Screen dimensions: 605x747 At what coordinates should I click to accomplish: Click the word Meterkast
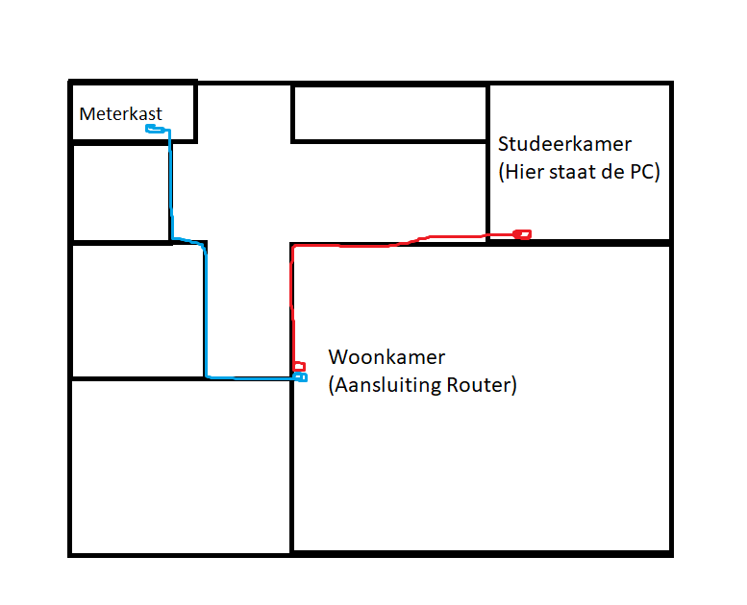tap(120, 114)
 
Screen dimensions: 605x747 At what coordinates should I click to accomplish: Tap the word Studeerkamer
tap(564, 145)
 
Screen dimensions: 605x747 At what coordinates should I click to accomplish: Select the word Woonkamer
tap(386, 357)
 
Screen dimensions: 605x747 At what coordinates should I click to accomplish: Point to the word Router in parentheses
tap(484, 386)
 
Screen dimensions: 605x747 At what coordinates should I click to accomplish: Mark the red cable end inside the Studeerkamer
tap(522, 233)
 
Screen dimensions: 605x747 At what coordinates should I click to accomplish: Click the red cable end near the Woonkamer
tap(299, 366)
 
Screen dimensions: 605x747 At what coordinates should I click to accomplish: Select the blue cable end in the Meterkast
tap(153, 128)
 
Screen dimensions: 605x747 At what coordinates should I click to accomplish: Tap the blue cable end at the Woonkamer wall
tap(300, 377)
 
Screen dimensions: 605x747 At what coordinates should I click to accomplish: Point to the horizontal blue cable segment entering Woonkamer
tap(250, 377)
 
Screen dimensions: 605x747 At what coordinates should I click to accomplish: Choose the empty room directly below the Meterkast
tap(120, 192)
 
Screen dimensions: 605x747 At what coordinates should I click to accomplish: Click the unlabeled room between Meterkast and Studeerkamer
tap(389, 113)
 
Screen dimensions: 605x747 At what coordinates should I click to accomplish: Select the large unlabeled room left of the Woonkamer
tap(180, 466)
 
